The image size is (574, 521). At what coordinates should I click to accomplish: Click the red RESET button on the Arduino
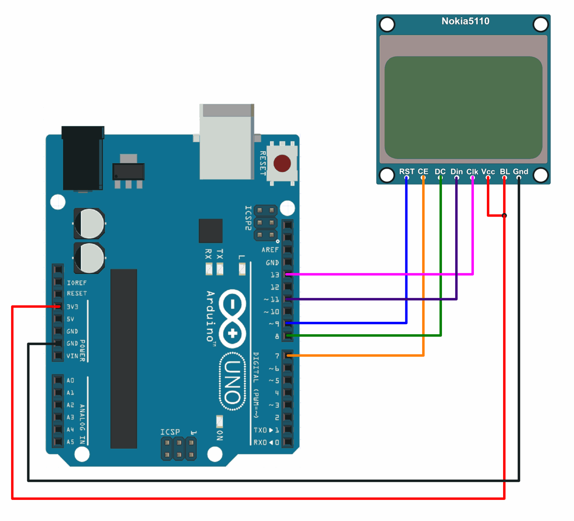(x=282, y=163)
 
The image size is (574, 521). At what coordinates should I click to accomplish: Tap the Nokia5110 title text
(x=465, y=21)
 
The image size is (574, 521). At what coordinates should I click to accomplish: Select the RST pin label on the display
(x=406, y=171)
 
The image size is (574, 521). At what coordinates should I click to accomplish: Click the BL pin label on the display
(x=505, y=171)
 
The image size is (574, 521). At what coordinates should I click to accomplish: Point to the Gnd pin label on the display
(x=520, y=171)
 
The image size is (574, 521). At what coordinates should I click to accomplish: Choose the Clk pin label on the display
(x=472, y=171)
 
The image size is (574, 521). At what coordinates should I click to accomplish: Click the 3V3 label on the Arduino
(x=72, y=306)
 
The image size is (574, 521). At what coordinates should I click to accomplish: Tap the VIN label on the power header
(x=72, y=356)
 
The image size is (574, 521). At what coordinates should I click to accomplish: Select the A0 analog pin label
(x=70, y=380)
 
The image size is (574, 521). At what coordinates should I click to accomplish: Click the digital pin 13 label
(x=274, y=275)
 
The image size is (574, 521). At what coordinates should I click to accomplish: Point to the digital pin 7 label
(x=277, y=356)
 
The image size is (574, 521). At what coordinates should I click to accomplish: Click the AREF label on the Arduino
(x=270, y=250)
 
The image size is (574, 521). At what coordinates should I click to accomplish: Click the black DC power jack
(x=83, y=158)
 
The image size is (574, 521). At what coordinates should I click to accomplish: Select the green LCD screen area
(x=463, y=108)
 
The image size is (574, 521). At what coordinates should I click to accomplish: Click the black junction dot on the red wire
(x=504, y=215)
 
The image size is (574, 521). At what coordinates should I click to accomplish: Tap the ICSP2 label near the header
(x=248, y=218)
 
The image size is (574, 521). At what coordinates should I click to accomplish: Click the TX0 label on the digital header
(x=260, y=430)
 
